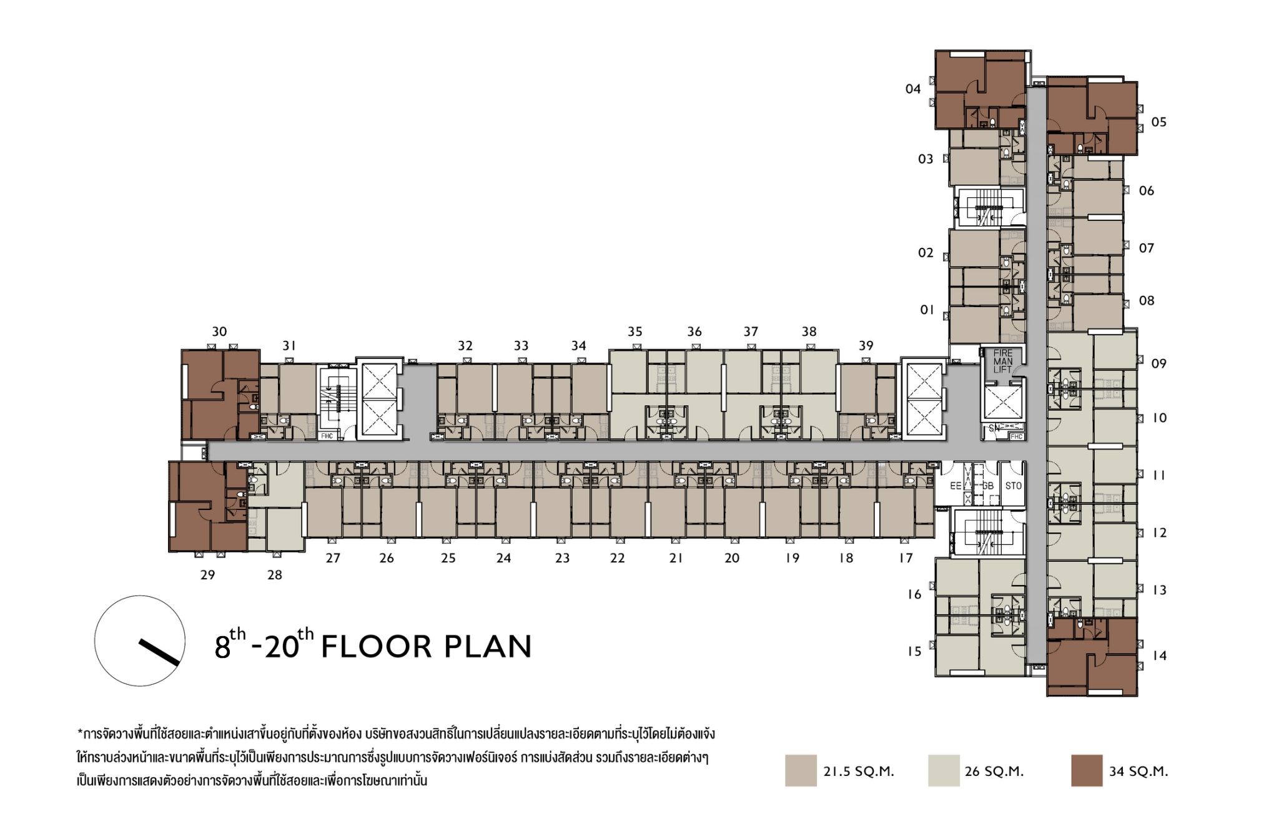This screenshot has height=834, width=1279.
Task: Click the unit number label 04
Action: pyautogui.click(x=913, y=89)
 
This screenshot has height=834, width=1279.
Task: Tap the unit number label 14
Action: pyautogui.click(x=1159, y=655)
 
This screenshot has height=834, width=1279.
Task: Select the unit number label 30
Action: pyautogui.click(x=219, y=331)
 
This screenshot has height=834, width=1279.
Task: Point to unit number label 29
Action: pyautogui.click(x=207, y=575)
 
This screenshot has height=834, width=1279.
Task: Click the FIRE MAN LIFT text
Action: pyautogui.click(x=1003, y=361)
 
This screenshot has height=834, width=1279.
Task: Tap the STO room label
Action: pyautogui.click(x=1013, y=486)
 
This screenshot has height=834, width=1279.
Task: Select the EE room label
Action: pyautogui.click(x=956, y=486)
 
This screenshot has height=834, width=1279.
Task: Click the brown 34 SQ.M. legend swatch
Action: pyautogui.click(x=1087, y=770)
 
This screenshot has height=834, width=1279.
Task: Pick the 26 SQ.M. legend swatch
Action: pyautogui.click(x=944, y=770)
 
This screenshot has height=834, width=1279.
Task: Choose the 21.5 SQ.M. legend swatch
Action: pyautogui.click(x=801, y=770)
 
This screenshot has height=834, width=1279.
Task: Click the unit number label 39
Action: pyautogui.click(x=866, y=346)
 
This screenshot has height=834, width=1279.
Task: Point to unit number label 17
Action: pyautogui.click(x=906, y=558)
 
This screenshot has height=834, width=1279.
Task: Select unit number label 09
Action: pyautogui.click(x=1158, y=363)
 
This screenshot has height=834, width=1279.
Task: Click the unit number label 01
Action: pyautogui.click(x=927, y=310)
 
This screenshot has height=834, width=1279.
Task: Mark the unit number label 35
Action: pyautogui.click(x=635, y=331)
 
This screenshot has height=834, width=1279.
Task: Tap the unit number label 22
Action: pyautogui.click(x=617, y=558)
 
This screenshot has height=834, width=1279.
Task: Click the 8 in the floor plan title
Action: pyautogui.click(x=222, y=647)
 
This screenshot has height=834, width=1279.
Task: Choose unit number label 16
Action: pyautogui.click(x=914, y=594)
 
